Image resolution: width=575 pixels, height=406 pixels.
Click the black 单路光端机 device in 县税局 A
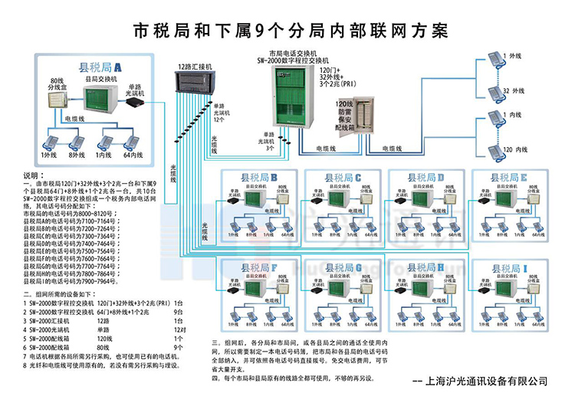(137, 103)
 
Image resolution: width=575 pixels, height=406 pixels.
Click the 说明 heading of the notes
(36, 175)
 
